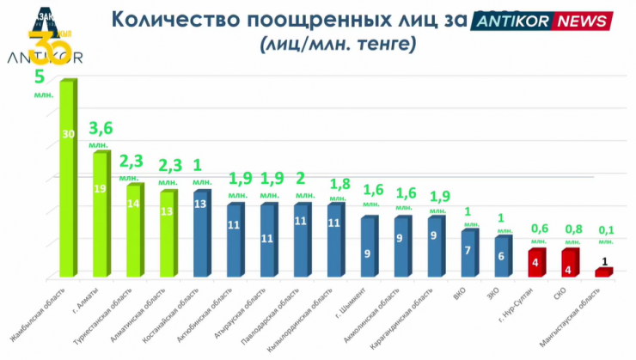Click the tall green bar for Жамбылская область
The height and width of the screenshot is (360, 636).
tap(67, 180)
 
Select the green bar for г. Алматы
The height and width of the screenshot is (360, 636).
tap(101, 215)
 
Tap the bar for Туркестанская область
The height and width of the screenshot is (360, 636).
tap(133, 230)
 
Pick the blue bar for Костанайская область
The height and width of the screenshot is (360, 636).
tap(200, 234)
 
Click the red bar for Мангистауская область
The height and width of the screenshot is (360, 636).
tap(603, 272)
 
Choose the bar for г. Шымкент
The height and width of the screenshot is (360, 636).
tap(368, 247)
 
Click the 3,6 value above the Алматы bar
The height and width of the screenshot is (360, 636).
tap(101, 129)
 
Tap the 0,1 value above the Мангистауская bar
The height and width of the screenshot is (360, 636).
tap(606, 229)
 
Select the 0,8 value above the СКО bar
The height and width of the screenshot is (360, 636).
tap(572, 229)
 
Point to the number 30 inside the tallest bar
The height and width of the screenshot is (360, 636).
tap(68, 134)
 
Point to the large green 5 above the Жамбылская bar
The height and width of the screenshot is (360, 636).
tap(39, 77)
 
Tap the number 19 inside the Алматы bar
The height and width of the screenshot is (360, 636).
tap(101, 188)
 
